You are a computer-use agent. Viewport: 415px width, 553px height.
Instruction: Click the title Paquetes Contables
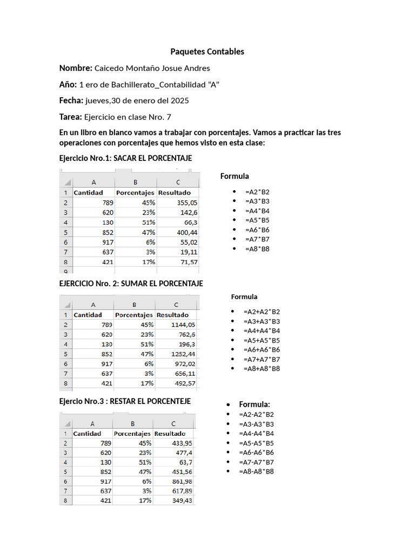207,52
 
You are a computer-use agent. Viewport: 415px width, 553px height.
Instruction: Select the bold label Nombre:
76,68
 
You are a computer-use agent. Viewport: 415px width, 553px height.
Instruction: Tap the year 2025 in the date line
179,101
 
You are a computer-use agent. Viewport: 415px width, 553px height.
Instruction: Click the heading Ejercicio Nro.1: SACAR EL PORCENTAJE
125,158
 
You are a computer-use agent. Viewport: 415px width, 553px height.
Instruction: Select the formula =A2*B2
257,192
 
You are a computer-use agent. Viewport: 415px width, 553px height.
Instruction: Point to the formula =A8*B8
257,249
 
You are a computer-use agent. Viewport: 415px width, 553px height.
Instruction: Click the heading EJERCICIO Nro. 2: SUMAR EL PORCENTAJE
131,284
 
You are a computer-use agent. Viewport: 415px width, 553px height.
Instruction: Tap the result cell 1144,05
183,325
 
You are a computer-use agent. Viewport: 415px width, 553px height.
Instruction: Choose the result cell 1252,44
183,354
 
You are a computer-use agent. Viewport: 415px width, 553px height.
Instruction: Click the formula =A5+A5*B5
262,340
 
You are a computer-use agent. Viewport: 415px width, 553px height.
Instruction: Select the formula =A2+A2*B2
262,312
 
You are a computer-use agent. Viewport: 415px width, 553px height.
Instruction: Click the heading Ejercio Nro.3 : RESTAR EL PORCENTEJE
125,402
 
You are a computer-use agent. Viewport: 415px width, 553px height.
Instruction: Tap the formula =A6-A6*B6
256,453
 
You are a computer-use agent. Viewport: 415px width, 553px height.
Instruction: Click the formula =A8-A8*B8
256,471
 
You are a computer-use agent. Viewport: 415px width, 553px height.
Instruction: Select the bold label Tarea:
70,117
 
